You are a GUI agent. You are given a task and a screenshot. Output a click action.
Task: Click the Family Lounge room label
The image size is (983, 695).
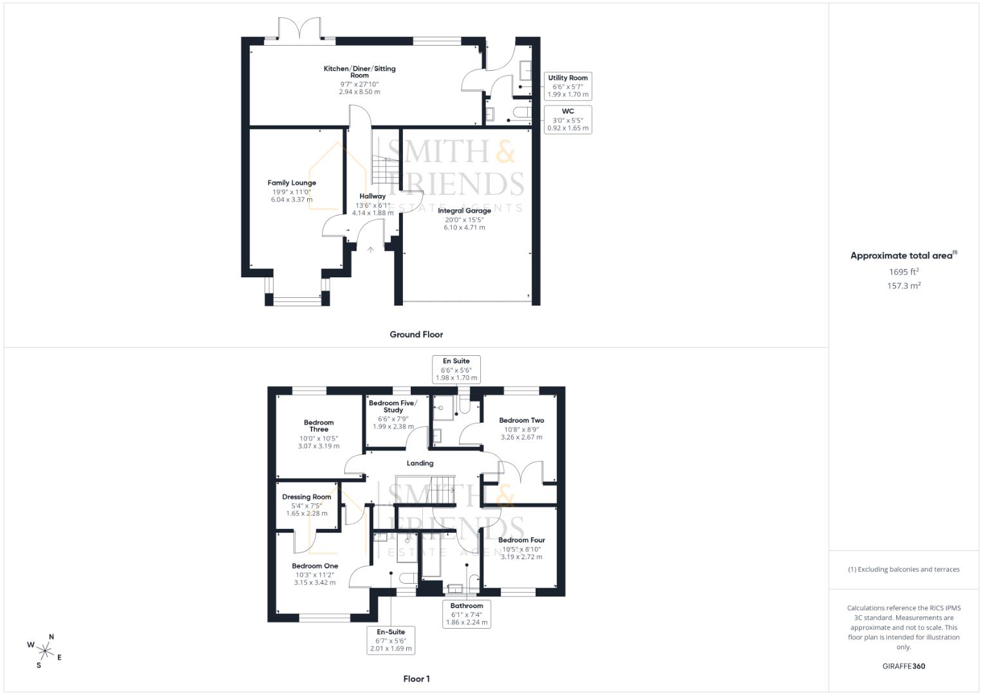292,183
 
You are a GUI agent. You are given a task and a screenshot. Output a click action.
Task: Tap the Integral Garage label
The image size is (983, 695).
464,210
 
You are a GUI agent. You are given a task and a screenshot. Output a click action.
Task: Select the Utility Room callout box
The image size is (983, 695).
568,86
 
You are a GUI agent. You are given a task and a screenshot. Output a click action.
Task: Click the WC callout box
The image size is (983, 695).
568,119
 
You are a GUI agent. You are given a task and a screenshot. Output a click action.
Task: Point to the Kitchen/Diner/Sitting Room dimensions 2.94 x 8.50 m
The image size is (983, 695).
359,91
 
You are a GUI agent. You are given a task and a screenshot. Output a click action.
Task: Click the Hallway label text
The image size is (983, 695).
373,196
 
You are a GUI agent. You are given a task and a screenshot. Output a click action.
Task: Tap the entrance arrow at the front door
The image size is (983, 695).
370,250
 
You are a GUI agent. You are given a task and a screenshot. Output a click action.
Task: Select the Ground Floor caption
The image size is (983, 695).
417,335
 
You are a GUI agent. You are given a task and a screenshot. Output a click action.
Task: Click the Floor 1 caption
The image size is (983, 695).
417,679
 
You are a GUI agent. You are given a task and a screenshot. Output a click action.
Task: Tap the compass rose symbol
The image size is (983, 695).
45,651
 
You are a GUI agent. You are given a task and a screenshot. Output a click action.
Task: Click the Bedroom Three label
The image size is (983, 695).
319,425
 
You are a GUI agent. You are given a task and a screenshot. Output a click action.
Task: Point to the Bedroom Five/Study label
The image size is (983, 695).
393,406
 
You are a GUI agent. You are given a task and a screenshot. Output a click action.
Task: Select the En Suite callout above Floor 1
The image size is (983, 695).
456,369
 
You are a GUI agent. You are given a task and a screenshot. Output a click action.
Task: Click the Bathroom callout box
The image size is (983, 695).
467,614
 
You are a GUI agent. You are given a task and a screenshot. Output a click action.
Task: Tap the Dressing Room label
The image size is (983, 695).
307,497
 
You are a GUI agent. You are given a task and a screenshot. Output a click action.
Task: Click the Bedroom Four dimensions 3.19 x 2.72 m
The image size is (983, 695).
521,557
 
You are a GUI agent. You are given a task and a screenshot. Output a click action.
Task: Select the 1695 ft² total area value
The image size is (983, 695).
904,272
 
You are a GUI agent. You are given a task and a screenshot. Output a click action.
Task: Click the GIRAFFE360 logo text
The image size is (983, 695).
904,666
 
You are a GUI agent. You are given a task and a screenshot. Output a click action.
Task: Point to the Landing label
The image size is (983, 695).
420,463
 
